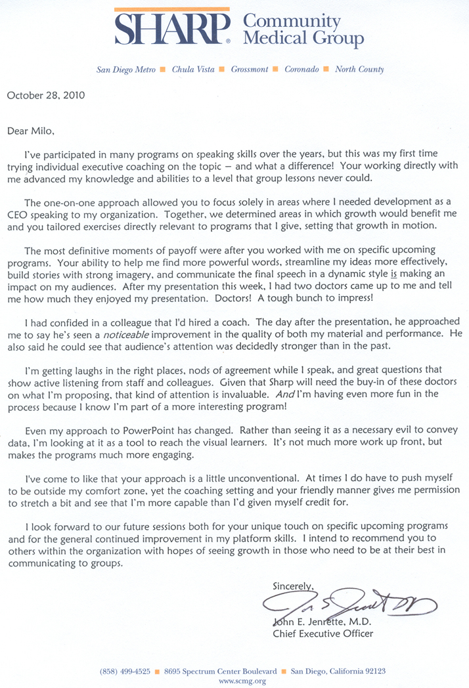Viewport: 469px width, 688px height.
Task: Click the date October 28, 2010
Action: point(45,95)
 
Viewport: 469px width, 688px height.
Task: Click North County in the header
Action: point(359,69)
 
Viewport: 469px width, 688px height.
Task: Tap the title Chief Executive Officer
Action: point(323,634)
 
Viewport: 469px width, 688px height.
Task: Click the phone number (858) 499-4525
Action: point(125,672)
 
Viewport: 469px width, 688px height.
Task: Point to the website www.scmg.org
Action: point(242,681)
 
